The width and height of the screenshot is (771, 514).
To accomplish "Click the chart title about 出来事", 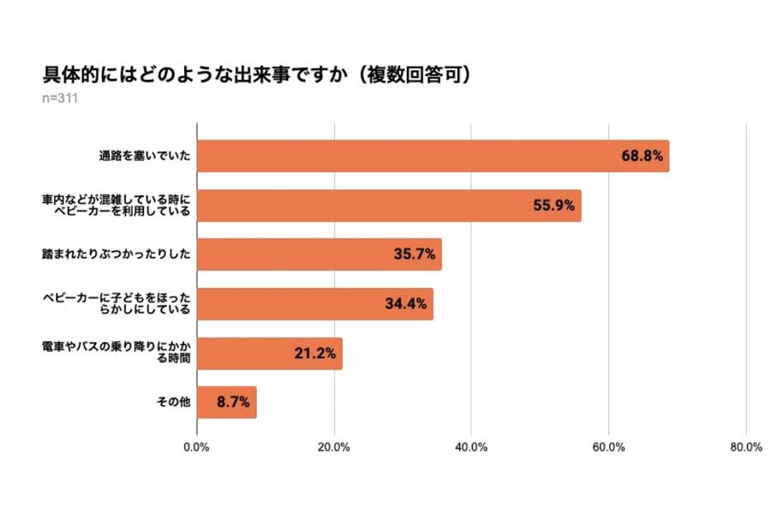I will point(257,76).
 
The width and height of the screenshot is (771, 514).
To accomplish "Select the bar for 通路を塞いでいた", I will point(433,156).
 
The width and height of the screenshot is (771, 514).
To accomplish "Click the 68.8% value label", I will point(642,157).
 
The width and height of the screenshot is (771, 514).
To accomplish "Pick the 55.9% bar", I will point(389,206).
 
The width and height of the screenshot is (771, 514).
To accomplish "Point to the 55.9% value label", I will point(554,206).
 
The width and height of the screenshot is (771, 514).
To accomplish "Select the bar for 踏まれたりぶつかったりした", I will point(319,254).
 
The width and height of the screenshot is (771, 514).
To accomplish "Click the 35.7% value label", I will point(415,254).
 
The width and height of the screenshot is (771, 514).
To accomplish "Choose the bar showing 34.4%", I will point(314,304).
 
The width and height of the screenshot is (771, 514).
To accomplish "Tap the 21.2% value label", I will point(315,353).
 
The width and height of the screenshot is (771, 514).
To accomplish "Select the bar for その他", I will point(226,402).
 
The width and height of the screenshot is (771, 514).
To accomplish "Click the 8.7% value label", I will point(233,402).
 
